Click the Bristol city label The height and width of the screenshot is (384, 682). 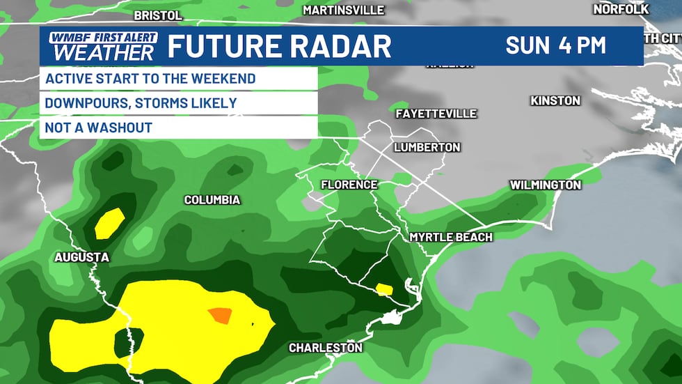(x=157, y=15)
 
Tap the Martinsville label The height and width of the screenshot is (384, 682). (x=344, y=10)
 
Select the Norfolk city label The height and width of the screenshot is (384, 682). (x=619, y=9)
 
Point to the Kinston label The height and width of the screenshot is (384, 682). (x=555, y=101)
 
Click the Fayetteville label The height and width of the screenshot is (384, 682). (x=436, y=114)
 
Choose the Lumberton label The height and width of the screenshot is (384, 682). (x=427, y=147)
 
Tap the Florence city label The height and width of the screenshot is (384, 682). (x=349, y=185)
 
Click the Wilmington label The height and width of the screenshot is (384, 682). (x=546, y=185)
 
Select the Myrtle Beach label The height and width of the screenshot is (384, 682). (x=451, y=238)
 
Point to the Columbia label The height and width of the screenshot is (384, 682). (x=212, y=200)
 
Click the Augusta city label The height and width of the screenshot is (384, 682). (x=82, y=257)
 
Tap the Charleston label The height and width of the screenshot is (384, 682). (x=326, y=347)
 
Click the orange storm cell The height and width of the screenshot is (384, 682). (x=219, y=316)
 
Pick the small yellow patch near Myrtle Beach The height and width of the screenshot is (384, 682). (x=383, y=288)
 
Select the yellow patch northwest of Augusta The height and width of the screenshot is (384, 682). (x=109, y=223)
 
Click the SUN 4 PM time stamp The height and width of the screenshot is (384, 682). (x=555, y=46)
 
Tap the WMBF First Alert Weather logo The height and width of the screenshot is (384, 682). (x=103, y=46)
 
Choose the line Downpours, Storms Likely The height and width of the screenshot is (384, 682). (x=141, y=103)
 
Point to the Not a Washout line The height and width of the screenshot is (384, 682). (x=98, y=128)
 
